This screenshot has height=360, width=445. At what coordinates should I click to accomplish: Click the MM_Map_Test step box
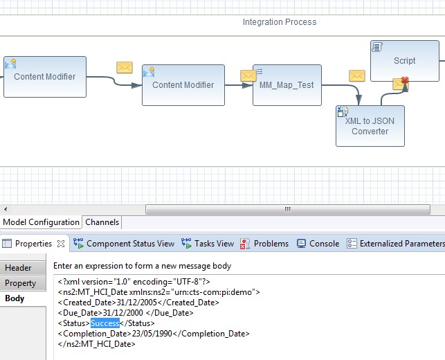(x=287, y=85)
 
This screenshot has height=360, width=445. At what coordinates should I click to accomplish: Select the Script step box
(x=404, y=60)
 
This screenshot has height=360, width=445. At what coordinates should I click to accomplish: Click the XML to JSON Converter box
(x=370, y=126)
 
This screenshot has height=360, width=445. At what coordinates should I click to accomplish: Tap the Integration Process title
(x=279, y=22)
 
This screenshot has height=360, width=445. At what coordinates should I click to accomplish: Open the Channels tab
(x=102, y=222)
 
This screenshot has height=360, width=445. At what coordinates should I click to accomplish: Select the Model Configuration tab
(x=41, y=222)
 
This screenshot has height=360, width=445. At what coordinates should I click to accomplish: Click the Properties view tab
(x=33, y=244)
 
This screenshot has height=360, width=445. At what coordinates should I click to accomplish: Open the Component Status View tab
(x=124, y=244)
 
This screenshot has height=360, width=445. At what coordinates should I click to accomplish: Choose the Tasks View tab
(x=208, y=244)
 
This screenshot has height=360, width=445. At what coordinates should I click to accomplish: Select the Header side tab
(x=19, y=268)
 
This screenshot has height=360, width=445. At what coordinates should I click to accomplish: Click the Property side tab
(x=21, y=283)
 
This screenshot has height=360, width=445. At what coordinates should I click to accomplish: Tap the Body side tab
(x=15, y=298)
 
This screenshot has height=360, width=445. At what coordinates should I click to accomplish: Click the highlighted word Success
(x=105, y=323)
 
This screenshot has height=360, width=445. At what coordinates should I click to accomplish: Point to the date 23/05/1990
(x=154, y=334)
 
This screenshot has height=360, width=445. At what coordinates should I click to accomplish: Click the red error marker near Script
(x=405, y=82)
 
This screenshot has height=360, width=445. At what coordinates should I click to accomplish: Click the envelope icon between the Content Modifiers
(x=125, y=67)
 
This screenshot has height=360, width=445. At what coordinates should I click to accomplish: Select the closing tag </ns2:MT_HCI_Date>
(x=97, y=344)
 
